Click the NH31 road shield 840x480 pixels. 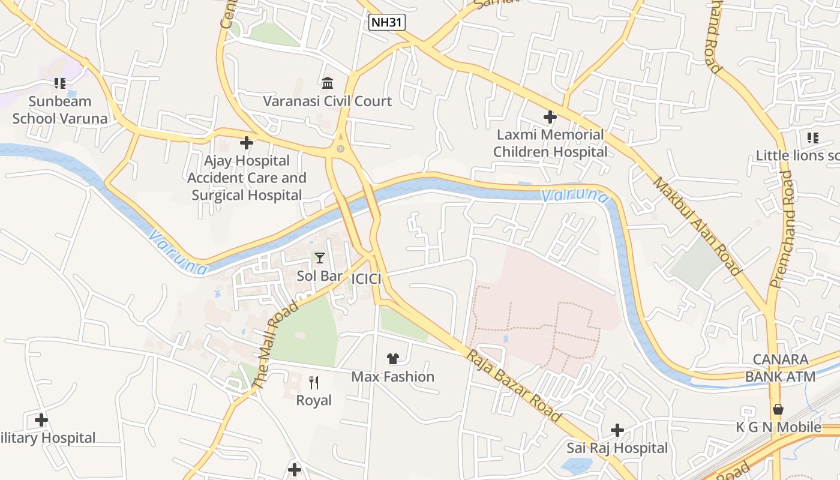(x=387, y=23)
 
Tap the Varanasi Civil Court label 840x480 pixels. (x=327, y=101)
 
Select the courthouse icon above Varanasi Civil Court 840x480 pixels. (x=328, y=82)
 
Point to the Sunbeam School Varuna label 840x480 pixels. (x=60, y=110)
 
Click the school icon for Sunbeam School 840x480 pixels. (x=59, y=83)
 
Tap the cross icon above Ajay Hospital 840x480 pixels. (x=246, y=143)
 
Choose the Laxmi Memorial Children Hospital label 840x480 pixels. (x=550, y=143)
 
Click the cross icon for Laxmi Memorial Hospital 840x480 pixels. (x=550, y=116)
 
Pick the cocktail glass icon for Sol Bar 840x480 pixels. (x=320, y=258)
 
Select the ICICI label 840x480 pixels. (x=367, y=279)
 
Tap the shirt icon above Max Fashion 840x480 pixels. (x=393, y=359)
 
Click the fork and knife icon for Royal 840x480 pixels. (x=314, y=382)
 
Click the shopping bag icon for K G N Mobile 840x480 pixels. (x=778, y=409)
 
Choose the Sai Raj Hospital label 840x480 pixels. (x=617, y=448)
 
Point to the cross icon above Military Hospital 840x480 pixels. (x=41, y=420)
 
